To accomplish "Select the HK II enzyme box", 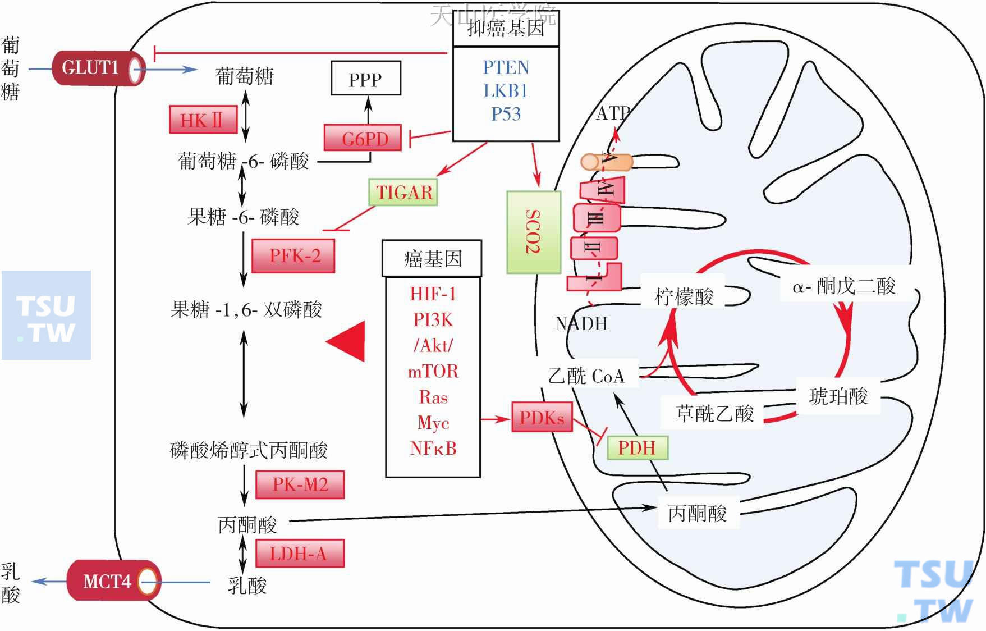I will click(203, 120).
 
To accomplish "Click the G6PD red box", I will click(363, 138).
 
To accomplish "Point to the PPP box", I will click(365, 79).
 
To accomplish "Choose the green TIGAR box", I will click(403, 192).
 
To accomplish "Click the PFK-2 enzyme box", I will click(293, 256).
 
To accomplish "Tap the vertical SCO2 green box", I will click(534, 232).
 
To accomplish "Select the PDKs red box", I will click(542, 417).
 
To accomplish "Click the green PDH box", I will click(637, 447).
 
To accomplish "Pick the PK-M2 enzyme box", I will click(300, 484).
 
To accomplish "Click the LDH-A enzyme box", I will click(299, 554).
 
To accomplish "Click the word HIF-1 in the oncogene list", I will click(433, 294).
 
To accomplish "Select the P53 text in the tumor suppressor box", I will click(506, 114).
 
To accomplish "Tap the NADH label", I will click(581, 323).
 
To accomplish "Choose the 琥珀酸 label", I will click(838, 396).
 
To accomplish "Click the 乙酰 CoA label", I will click(586, 375).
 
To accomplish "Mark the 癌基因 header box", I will click(432, 259).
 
